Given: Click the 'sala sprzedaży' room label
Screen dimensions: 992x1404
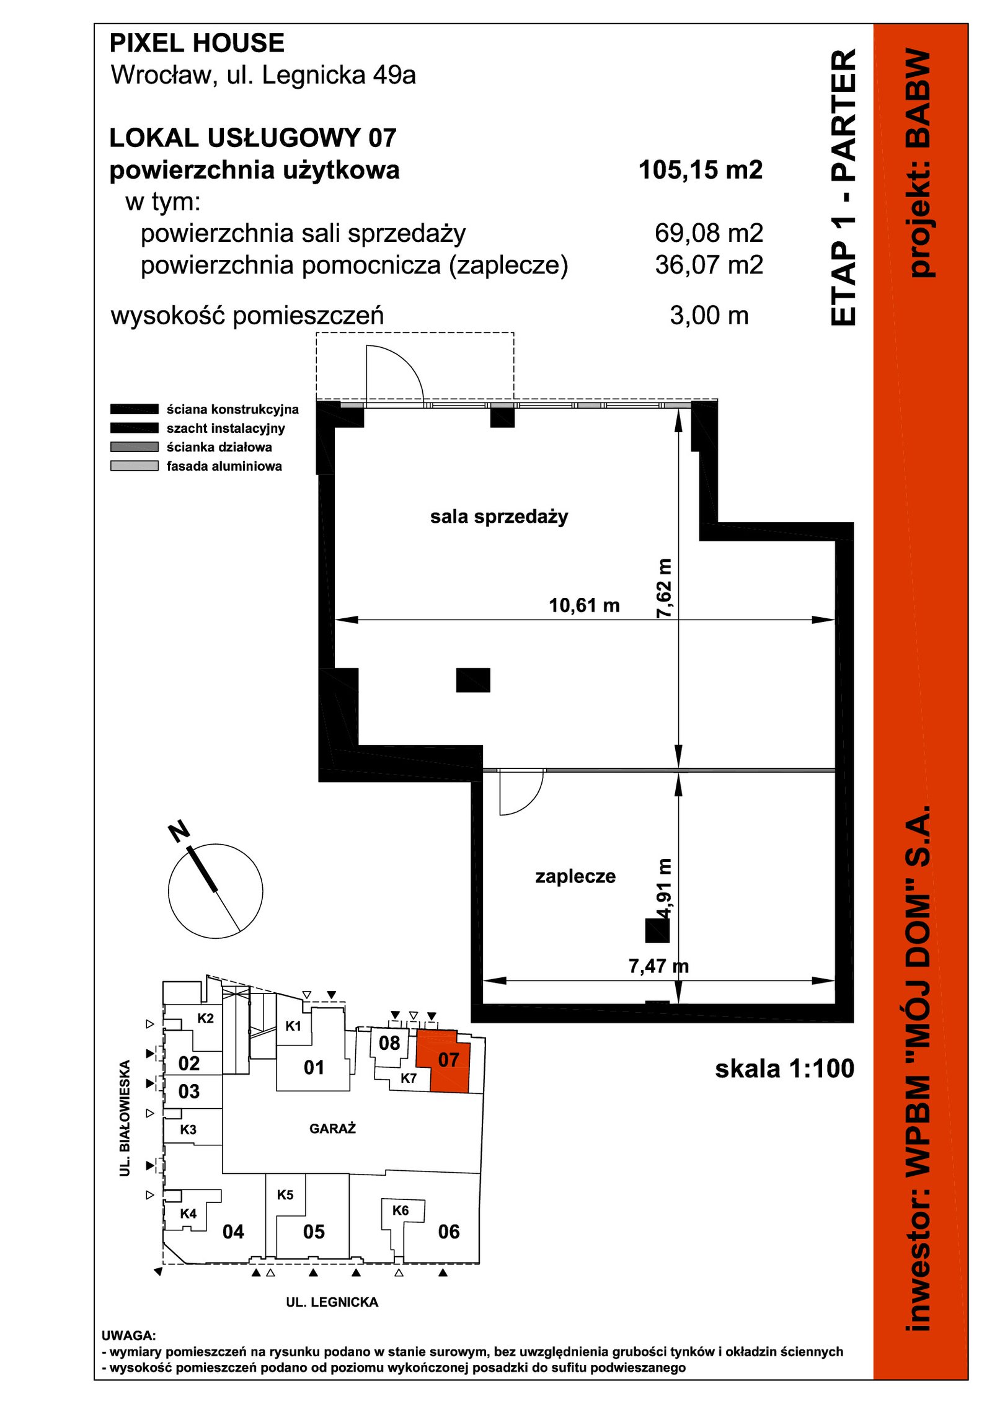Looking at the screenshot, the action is click(499, 517).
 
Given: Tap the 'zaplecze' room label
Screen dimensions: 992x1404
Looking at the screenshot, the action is click(575, 876).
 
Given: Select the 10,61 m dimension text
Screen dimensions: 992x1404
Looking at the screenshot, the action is click(584, 605).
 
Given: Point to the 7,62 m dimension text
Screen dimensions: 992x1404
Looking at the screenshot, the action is click(664, 588).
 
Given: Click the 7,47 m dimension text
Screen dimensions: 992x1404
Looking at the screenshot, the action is click(658, 966).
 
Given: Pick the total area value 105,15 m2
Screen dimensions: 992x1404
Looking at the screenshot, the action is click(701, 170).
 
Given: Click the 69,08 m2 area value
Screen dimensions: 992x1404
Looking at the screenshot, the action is click(709, 233).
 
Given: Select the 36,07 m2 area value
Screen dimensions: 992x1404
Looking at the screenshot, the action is click(709, 265).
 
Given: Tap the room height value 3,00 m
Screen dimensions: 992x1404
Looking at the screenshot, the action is click(709, 316).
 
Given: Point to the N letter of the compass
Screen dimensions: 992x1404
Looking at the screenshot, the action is click(179, 831).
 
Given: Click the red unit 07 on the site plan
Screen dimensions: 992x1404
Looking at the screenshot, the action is click(449, 1060).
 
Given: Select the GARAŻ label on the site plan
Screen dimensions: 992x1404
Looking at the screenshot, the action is click(332, 1129).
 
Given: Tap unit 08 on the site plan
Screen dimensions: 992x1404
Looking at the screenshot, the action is click(389, 1043).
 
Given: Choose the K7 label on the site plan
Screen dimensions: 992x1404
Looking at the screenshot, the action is click(408, 1078).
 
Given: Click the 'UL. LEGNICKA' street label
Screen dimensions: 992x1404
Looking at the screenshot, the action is click(332, 1302).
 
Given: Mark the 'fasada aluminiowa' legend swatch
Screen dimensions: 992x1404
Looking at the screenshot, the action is click(135, 466).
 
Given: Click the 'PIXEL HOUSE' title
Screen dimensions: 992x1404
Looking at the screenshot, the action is click(197, 43).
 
